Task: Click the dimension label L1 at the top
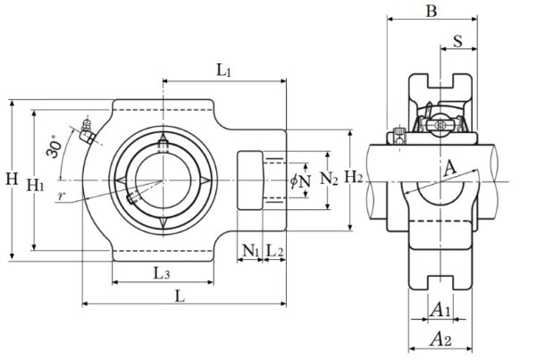point(223,70)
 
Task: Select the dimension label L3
point(162,272)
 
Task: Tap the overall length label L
point(180,296)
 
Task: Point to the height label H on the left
point(11,180)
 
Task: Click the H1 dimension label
point(37,185)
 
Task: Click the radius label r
point(60,194)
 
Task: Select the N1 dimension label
point(251,252)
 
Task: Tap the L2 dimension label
point(275,252)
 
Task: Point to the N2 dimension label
point(329,179)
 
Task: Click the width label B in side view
point(431,12)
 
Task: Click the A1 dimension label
point(440,309)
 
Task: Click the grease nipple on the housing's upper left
point(87,130)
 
